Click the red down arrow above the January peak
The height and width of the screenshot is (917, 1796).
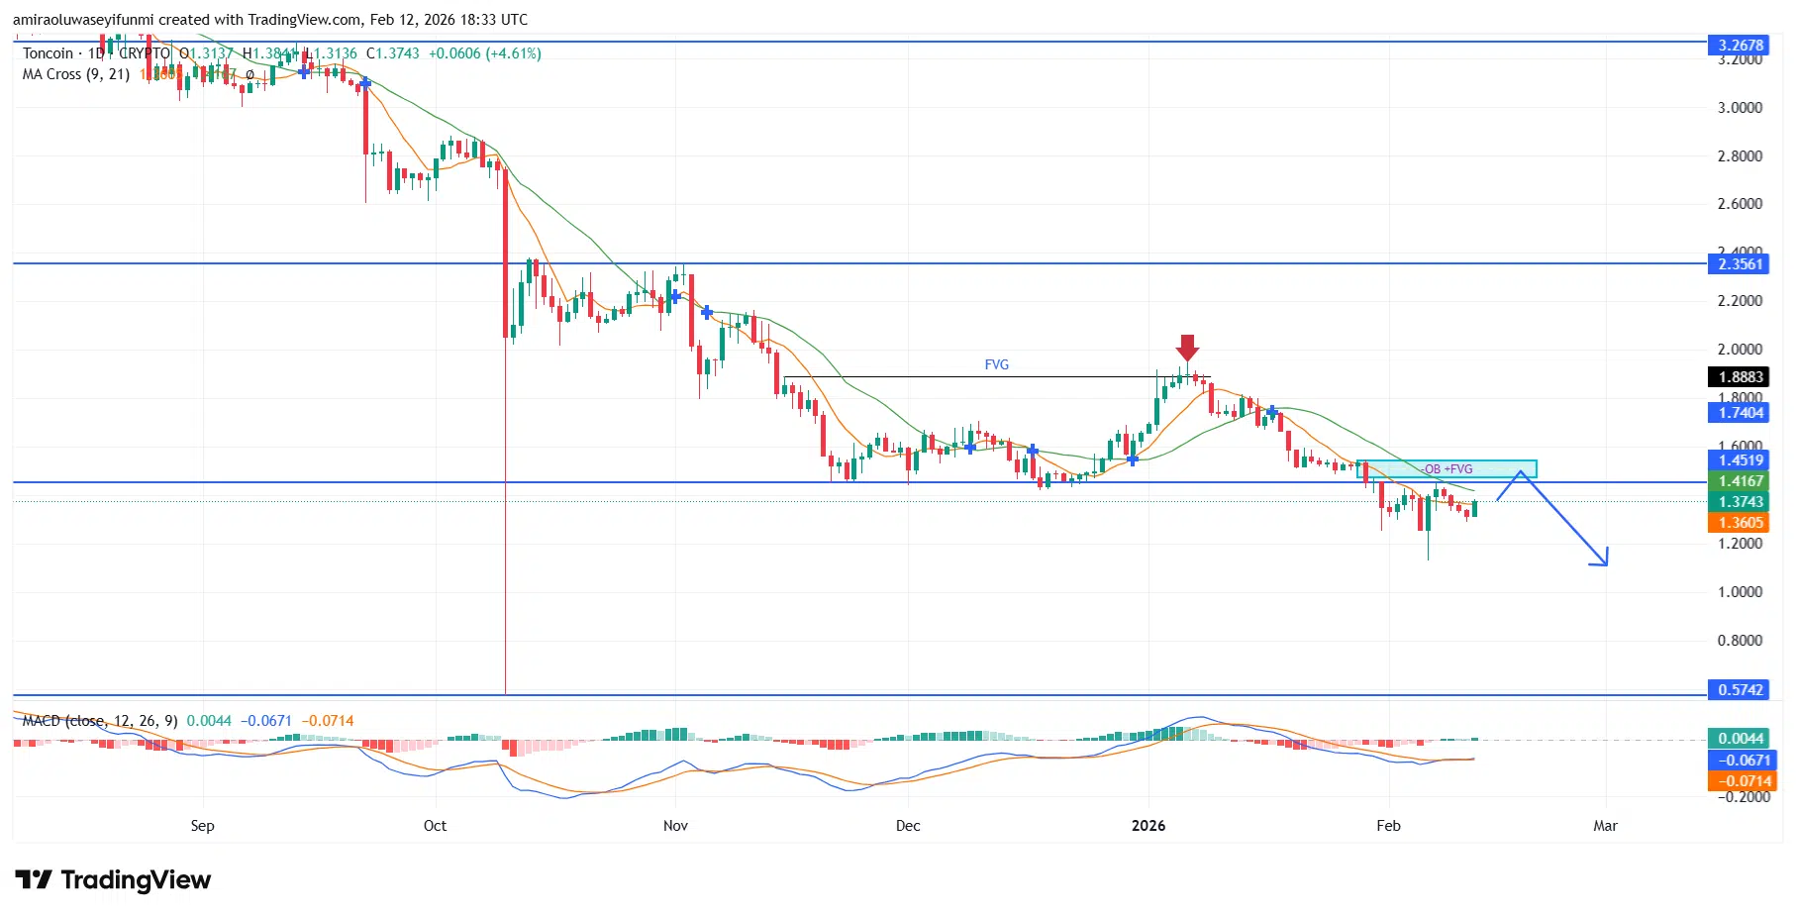[1187, 348]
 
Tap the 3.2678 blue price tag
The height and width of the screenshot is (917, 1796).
[1740, 45]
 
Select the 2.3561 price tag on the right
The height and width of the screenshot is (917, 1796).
[1740, 263]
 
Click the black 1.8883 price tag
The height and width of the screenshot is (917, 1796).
[1740, 376]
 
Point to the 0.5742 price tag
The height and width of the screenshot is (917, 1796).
[1740, 689]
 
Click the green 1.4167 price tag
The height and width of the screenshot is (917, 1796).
[1740, 481]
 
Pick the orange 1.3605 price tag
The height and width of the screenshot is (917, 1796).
[1740, 523]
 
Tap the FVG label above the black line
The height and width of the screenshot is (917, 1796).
[996, 364]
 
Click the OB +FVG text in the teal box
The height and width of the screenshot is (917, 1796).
[1447, 468]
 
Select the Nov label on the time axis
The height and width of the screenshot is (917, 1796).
[675, 826]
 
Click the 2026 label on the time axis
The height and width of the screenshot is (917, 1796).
[1148, 826]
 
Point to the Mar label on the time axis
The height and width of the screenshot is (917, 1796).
[1605, 826]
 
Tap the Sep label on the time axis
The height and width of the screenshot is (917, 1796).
[202, 826]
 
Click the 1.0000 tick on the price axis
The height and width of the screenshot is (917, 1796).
[1740, 591]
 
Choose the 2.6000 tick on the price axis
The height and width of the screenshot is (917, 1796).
[1740, 204]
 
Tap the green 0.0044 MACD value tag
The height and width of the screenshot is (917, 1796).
[1740, 738]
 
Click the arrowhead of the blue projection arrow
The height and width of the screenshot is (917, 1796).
[1602, 560]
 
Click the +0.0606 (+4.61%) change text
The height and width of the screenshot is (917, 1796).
[484, 53]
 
